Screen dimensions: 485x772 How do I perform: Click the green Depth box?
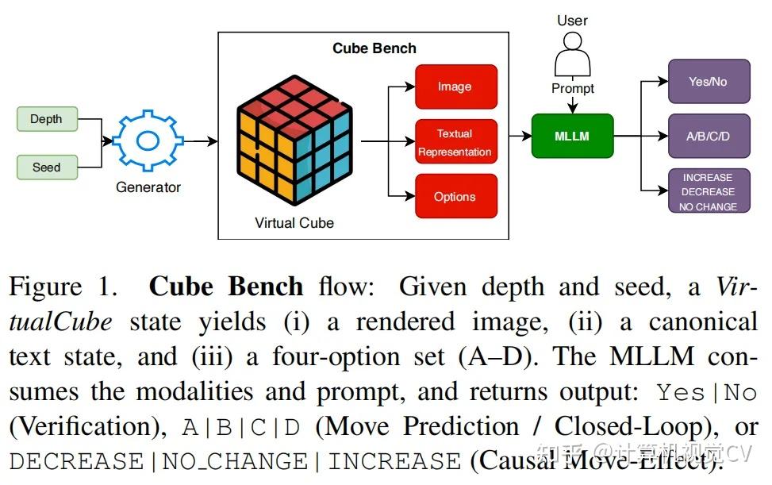pyautogui.click(x=47, y=119)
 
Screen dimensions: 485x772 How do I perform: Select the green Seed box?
pyautogui.click(x=47, y=167)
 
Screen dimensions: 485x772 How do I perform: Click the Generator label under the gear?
pyautogui.click(x=148, y=187)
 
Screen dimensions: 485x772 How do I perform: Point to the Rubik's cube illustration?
pyautogui.click(x=293, y=143)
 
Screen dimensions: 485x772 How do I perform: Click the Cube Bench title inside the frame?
pyautogui.click(x=374, y=48)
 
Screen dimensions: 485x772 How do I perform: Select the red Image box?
pyautogui.click(x=455, y=87)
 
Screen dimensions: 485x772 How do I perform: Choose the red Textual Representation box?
pyautogui.click(x=455, y=143)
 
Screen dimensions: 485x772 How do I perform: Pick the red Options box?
pyautogui.click(x=455, y=197)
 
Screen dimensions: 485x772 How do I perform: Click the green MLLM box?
pyautogui.click(x=572, y=136)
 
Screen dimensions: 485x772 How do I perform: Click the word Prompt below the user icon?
pyautogui.click(x=572, y=89)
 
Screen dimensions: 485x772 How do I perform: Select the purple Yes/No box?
pyautogui.click(x=708, y=82)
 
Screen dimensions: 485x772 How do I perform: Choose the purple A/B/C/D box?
pyautogui.click(x=708, y=136)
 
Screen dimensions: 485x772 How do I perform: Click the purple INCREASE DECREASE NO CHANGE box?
pyautogui.click(x=708, y=192)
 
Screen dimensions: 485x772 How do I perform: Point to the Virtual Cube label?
pyautogui.click(x=294, y=223)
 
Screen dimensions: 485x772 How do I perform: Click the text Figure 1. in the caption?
pyautogui.click(x=63, y=287)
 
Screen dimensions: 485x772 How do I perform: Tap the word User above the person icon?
pyautogui.click(x=572, y=21)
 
